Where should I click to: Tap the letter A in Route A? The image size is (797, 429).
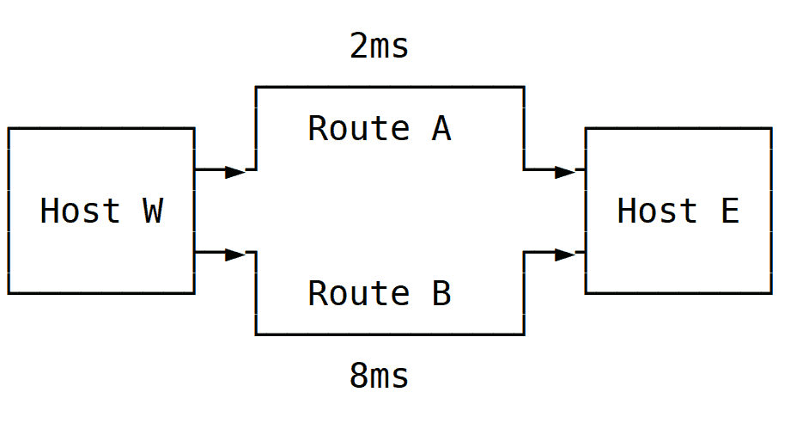[x=441, y=129]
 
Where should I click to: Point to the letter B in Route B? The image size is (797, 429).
[x=441, y=294]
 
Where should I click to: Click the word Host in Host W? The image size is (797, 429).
[x=80, y=211]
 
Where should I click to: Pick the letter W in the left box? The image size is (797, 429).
[x=152, y=211]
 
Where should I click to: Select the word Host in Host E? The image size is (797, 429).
[x=657, y=211]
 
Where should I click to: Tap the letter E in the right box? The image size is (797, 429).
[x=729, y=211]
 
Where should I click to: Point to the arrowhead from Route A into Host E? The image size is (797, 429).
[x=565, y=171]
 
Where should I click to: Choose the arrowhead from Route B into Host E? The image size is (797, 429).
[x=565, y=254]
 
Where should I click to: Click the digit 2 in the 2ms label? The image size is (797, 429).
[x=359, y=46]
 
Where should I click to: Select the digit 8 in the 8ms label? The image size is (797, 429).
[x=359, y=376]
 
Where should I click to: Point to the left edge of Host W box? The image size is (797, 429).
[x=9, y=211]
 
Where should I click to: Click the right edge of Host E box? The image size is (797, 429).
[x=771, y=211]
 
